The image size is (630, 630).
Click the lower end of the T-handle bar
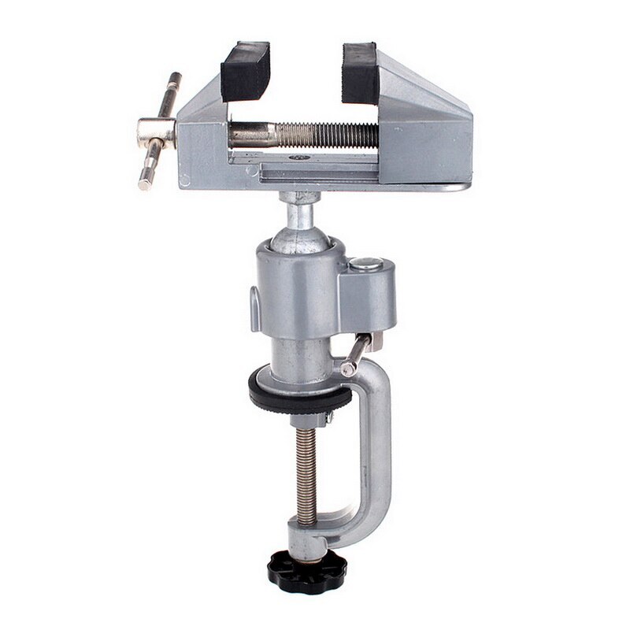(145, 183)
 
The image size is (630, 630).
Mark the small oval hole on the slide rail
(300, 157)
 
